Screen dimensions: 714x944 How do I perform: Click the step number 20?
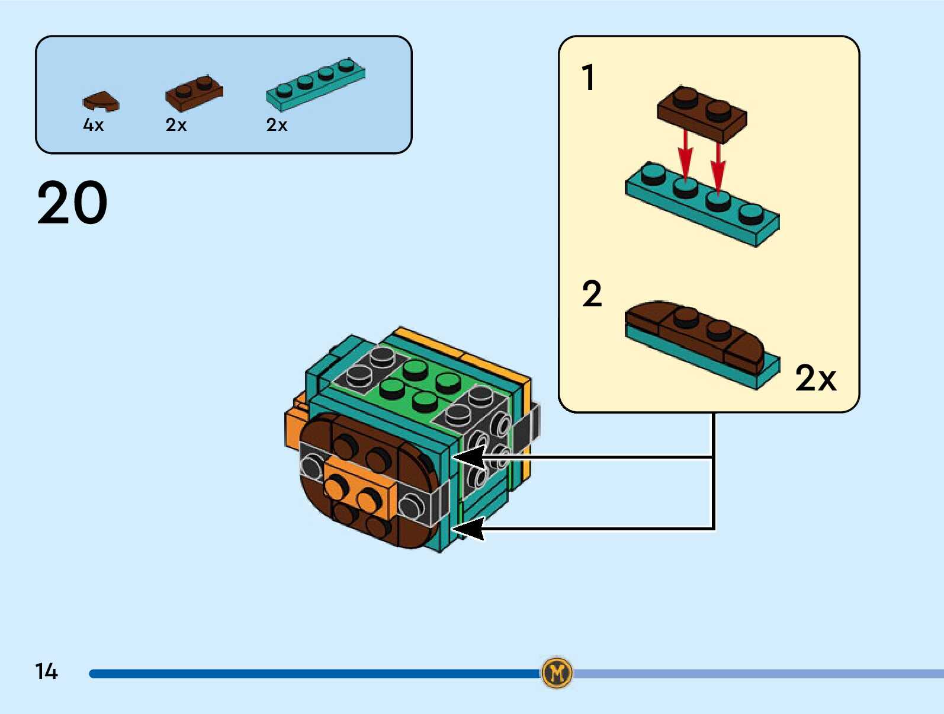[x=72, y=203]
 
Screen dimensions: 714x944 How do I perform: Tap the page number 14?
[x=46, y=671]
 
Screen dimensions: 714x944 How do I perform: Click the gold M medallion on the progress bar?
[x=557, y=673]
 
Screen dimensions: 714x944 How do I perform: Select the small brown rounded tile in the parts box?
[x=101, y=101]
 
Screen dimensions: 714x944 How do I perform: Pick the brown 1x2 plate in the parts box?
[x=194, y=93]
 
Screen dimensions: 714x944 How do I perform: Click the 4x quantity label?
[x=94, y=125]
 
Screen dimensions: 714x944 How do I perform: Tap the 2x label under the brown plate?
[x=176, y=125]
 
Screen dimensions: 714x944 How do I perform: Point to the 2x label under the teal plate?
[x=277, y=125]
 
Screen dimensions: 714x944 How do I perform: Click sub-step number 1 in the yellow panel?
[x=587, y=78]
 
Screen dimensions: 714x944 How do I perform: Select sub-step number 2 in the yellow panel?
[x=592, y=294]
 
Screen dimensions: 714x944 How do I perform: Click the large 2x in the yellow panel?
[x=815, y=378]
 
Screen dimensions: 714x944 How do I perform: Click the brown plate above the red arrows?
[x=702, y=113]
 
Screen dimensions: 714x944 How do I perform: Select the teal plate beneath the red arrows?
[x=702, y=204]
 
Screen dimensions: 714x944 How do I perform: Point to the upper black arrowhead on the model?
[x=468, y=457]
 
